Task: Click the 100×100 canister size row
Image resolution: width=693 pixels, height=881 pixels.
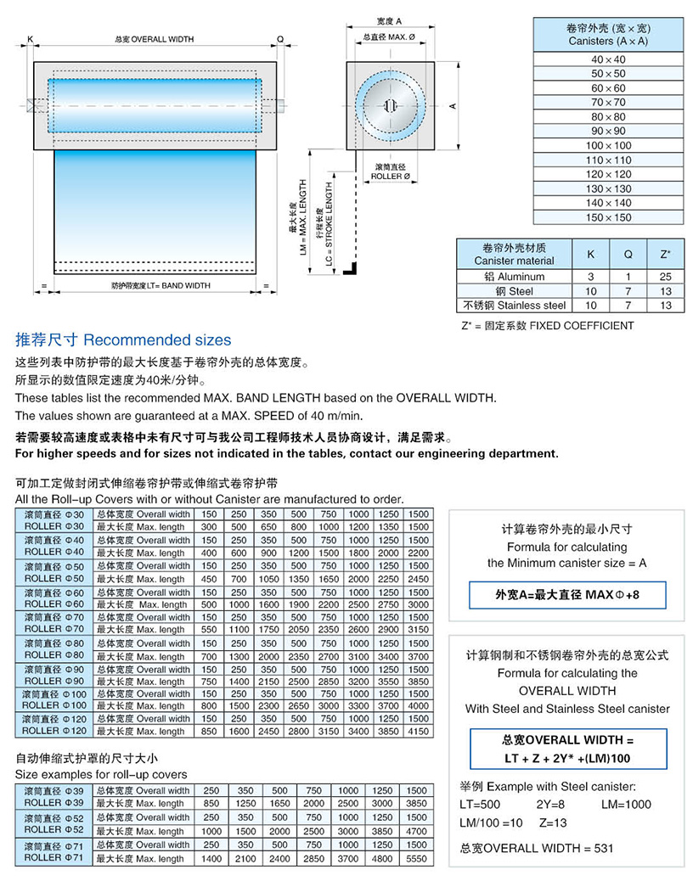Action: point(608,146)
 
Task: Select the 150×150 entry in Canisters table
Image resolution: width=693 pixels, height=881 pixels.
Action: point(608,217)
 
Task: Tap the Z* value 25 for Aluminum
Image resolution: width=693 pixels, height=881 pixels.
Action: point(665,276)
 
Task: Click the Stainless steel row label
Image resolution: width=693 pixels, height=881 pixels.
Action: point(514,305)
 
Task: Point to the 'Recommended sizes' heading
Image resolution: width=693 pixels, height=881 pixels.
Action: point(123,340)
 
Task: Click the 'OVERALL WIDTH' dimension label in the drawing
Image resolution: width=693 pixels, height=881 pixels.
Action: point(154,39)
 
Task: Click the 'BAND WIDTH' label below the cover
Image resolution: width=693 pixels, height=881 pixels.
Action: point(161,286)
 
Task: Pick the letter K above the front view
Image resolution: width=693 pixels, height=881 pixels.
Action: point(30,39)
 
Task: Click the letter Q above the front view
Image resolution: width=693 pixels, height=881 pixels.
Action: point(280,39)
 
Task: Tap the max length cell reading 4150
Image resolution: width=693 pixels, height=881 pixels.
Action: point(418,732)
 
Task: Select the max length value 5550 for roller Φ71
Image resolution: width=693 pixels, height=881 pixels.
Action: point(417,859)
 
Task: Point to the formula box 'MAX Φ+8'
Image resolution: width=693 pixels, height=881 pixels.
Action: point(567,595)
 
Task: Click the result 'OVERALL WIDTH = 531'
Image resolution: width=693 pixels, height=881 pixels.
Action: point(535,848)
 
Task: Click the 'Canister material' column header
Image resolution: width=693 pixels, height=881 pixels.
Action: point(514,255)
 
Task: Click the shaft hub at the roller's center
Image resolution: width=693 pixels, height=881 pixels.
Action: point(391,105)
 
